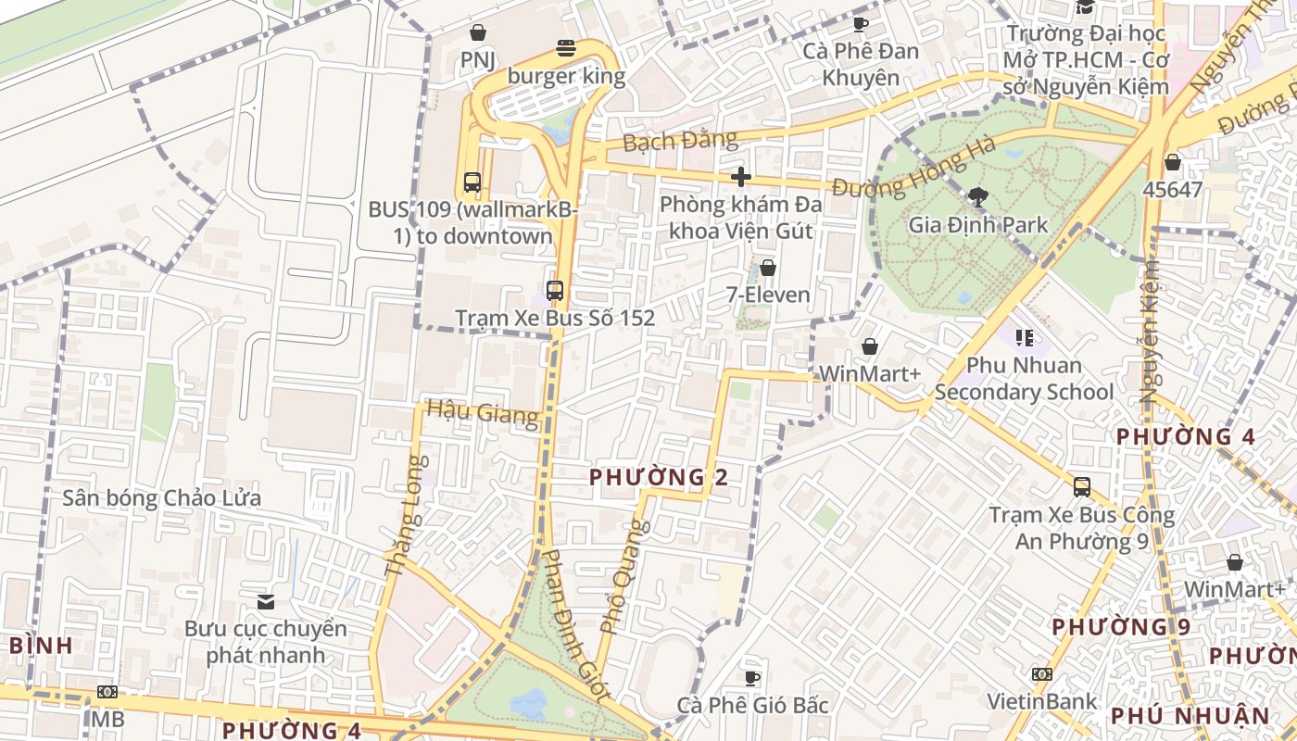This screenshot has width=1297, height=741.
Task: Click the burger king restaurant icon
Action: coord(566,48)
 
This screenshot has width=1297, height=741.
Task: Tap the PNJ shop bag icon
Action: coord(478,33)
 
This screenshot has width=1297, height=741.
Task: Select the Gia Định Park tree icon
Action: coord(977,196)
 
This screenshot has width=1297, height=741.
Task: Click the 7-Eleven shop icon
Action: coord(768,269)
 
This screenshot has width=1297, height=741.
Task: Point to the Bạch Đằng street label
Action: coord(680,142)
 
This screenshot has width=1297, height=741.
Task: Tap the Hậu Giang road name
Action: coord(482,413)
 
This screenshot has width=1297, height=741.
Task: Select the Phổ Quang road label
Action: coord(623,576)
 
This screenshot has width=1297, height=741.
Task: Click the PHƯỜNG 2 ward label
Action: coord(659,478)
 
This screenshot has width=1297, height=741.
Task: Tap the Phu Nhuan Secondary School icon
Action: coord(1024,338)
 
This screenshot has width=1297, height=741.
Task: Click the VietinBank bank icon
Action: coord(1042,674)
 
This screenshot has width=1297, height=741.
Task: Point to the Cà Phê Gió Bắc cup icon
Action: coord(752,678)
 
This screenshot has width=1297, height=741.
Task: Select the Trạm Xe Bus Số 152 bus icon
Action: coord(555,291)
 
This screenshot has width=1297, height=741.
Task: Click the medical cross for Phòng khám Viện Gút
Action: coord(740,177)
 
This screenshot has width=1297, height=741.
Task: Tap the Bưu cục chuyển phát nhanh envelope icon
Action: coord(266,602)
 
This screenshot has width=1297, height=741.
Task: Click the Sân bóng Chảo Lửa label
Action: coord(161,498)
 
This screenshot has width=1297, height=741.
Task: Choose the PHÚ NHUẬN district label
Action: coord(1190,716)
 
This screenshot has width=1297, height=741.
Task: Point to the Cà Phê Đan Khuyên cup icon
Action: coord(861,24)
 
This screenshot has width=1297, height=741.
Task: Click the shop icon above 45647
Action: coord(1173,163)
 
